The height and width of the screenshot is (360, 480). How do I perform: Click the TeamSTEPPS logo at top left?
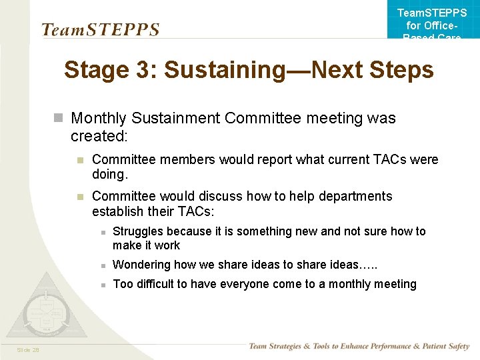101,30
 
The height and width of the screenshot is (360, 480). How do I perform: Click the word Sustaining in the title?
221,69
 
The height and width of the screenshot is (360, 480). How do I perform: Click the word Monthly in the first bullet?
99,119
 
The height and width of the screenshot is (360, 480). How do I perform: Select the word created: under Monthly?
99,136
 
